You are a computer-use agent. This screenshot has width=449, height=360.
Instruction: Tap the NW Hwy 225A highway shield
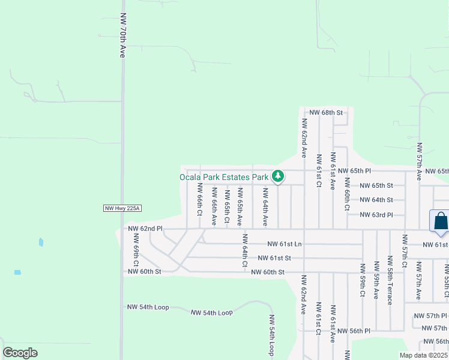(121, 208)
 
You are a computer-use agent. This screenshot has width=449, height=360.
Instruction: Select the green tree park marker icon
(277, 176)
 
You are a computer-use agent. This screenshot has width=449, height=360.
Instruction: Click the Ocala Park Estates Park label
(224, 177)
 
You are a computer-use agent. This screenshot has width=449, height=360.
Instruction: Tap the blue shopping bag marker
(441, 220)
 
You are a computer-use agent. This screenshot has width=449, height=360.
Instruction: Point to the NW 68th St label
(325, 112)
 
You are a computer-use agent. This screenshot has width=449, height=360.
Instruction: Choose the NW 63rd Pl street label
(376, 214)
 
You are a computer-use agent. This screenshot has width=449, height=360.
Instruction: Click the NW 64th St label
(376, 200)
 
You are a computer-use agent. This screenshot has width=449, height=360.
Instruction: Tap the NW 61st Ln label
(285, 244)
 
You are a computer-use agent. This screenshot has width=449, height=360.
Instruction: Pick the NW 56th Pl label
(354, 331)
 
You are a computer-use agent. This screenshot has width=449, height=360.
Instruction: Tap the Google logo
(20, 353)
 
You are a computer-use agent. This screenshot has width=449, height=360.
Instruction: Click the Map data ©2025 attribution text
(423, 355)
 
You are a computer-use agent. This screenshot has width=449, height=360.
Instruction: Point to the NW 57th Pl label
(435, 315)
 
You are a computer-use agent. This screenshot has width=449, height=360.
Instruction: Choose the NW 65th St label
(376, 185)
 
